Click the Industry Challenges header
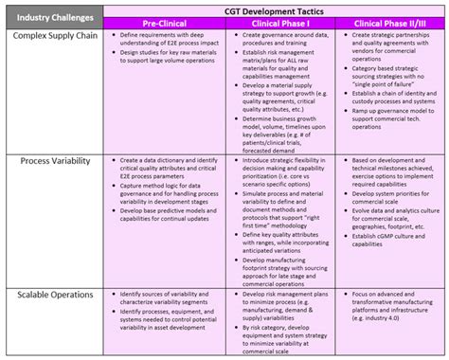click(51, 15)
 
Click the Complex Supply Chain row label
click(51, 35)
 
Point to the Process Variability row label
click(51, 162)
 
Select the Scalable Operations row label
click(51, 297)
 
